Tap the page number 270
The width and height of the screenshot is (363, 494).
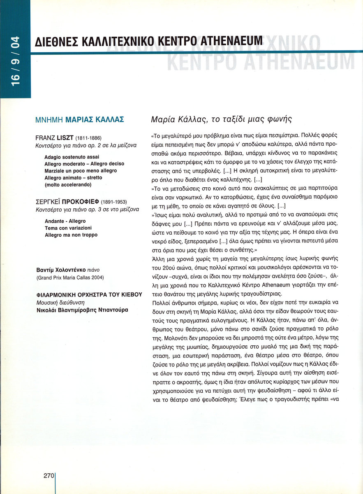coord(49,475)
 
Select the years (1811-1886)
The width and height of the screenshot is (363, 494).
coord(88,138)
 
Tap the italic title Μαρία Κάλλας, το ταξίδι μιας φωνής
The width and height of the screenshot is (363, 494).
coord(221,120)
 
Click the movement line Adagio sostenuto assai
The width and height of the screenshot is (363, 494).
coord(72,157)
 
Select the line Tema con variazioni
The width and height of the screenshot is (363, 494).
coord(68,228)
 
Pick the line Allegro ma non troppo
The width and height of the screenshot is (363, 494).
coord(71,235)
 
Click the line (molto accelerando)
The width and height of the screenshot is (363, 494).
coord(68,184)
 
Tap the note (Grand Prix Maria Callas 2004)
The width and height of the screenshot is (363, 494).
coord(70,278)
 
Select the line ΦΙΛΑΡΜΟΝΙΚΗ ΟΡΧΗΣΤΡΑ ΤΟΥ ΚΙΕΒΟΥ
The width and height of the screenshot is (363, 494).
coord(89,295)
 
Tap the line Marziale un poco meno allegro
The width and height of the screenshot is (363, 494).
coord(81,170)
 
